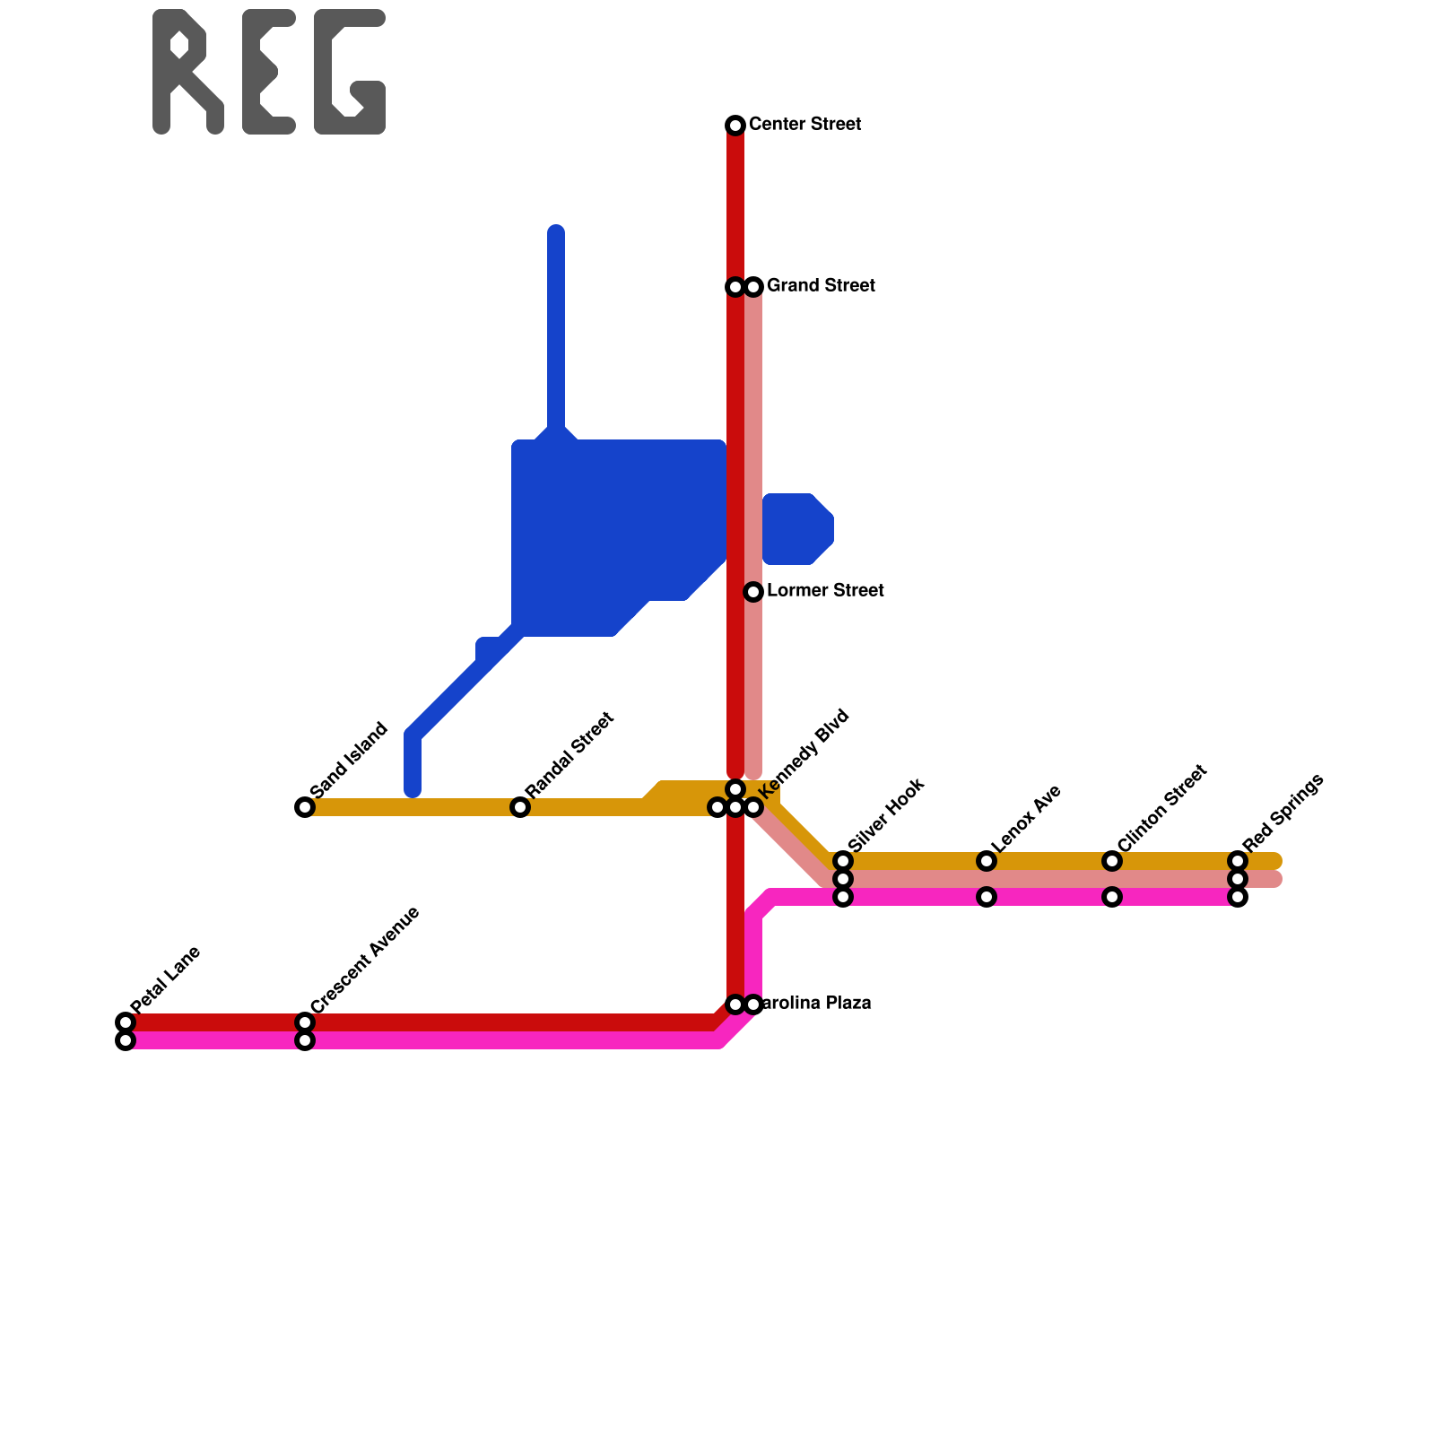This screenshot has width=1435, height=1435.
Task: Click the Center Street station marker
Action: (x=735, y=125)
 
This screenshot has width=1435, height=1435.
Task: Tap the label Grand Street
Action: (x=821, y=286)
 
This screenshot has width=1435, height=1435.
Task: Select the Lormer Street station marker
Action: (x=753, y=591)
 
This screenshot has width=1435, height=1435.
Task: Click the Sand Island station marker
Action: (x=305, y=807)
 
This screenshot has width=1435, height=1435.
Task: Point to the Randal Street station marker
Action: (x=520, y=807)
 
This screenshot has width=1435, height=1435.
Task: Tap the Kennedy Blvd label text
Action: (x=804, y=753)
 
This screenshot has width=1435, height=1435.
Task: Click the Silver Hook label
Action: (x=885, y=815)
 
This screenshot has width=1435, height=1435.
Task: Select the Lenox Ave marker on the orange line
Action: (x=987, y=861)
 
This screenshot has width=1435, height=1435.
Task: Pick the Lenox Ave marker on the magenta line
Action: (x=987, y=897)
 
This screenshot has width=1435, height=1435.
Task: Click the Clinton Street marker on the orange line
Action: (x=1112, y=861)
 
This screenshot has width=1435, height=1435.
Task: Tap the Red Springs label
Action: (x=1283, y=812)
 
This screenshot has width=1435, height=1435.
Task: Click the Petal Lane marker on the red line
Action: (x=126, y=1022)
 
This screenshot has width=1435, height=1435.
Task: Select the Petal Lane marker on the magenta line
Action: (x=126, y=1040)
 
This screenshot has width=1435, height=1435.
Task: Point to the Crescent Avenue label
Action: (x=365, y=960)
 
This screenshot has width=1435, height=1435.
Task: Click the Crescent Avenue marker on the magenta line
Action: (x=305, y=1040)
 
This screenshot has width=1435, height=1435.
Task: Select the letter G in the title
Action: (x=350, y=72)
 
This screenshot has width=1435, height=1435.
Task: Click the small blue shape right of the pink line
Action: (x=797, y=529)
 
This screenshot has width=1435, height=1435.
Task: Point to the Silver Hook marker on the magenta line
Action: (x=843, y=897)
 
